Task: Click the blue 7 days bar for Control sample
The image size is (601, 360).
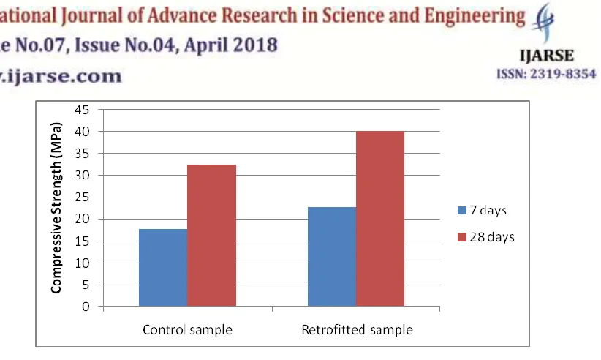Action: click(x=163, y=268)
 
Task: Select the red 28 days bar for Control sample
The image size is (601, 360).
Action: click(x=211, y=236)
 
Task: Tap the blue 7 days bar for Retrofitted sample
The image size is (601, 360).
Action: click(x=332, y=257)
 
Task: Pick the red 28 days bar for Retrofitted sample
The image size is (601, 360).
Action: click(x=380, y=219)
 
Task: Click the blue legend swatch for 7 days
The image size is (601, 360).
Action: click(x=462, y=211)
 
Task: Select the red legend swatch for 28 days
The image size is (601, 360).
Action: click(x=462, y=237)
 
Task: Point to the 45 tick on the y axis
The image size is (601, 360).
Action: click(x=82, y=110)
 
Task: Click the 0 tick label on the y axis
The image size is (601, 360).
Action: click(x=86, y=307)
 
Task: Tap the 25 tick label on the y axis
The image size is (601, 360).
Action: click(x=82, y=197)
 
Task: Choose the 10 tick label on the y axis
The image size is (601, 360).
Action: click(x=82, y=263)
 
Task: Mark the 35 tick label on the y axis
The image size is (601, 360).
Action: click(x=82, y=154)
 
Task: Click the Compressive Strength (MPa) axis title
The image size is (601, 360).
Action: click(x=56, y=208)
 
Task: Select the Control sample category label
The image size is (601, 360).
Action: click(x=187, y=330)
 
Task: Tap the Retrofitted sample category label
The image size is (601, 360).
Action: click(x=358, y=330)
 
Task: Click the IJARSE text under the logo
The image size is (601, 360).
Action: click(x=547, y=56)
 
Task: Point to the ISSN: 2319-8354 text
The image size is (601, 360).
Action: click(x=547, y=74)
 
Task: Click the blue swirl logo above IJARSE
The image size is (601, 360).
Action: click(x=543, y=22)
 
